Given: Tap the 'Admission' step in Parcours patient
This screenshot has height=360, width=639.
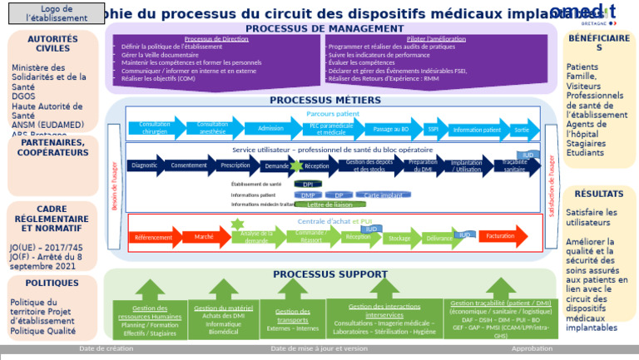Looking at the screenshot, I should [271, 129].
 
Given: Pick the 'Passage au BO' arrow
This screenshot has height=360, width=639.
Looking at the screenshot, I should [392, 129].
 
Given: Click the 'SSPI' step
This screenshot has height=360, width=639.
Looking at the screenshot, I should [433, 129].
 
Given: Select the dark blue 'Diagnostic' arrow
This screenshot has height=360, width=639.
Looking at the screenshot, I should [146, 165].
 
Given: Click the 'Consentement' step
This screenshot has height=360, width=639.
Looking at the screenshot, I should [190, 165].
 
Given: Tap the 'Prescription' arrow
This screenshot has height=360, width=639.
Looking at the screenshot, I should [235, 165].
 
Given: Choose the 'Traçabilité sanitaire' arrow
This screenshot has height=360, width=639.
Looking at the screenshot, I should [516, 166].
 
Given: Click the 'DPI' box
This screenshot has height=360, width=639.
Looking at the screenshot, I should [308, 185].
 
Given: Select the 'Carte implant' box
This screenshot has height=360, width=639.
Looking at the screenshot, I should [384, 195].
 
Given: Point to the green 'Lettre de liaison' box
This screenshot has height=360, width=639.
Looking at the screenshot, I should [330, 205].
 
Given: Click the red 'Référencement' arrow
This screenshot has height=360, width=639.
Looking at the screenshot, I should [154, 238].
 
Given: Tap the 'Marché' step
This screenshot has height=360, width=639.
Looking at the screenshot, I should [205, 238].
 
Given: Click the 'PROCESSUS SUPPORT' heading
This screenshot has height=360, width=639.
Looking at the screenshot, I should [329, 274].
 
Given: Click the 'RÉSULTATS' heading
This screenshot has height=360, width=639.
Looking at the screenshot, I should [599, 195].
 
